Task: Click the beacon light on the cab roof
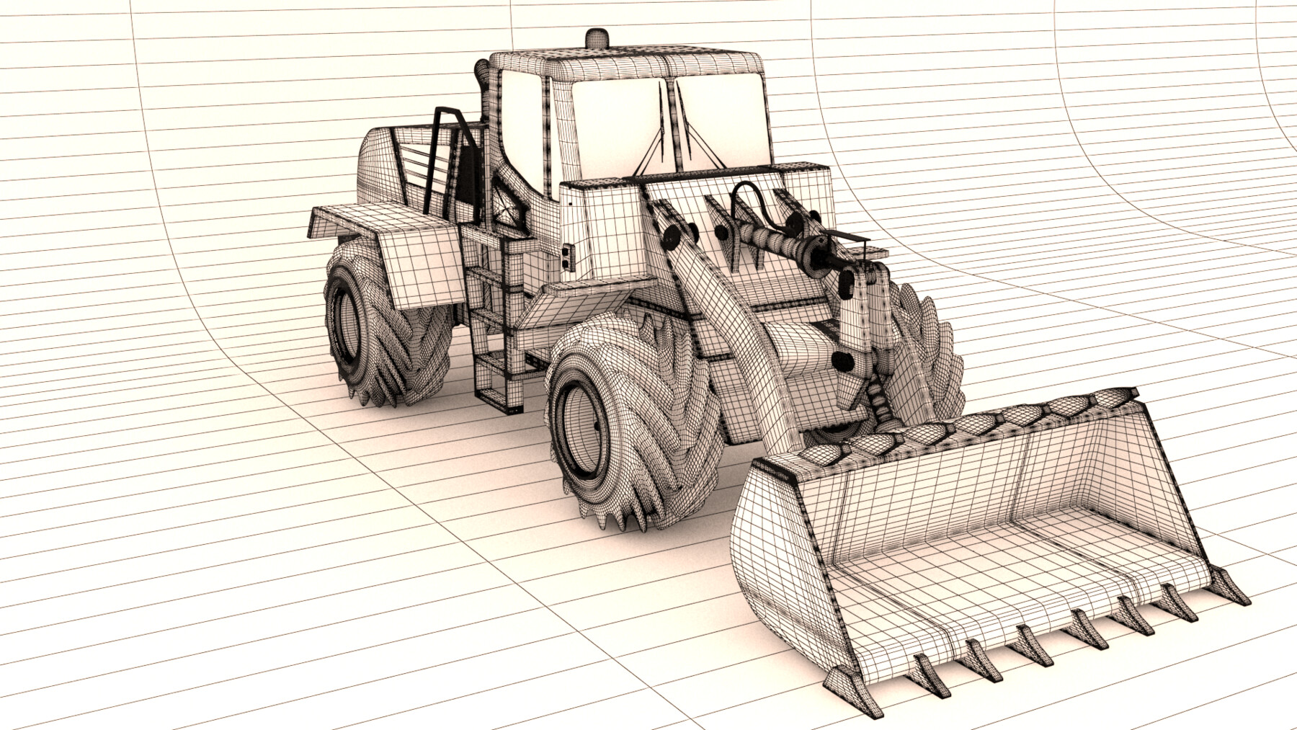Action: click(x=597, y=37)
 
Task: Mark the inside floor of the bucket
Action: click(x=1009, y=569)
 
